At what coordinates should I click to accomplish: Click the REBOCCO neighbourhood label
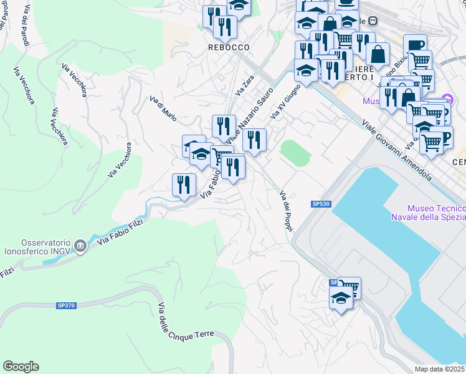click(x=229, y=47)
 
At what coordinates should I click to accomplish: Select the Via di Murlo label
click(x=163, y=107)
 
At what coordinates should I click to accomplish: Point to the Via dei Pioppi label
click(x=286, y=211)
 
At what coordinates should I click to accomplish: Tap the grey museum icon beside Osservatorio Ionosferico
click(x=80, y=246)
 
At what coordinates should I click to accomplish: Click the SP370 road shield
click(x=65, y=305)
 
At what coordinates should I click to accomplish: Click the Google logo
click(x=21, y=367)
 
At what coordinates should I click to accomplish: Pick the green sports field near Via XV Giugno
click(x=295, y=153)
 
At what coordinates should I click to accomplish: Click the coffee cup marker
click(x=415, y=46)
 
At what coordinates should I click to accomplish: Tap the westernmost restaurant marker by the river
click(x=184, y=185)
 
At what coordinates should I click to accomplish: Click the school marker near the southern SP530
click(x=341, y=299)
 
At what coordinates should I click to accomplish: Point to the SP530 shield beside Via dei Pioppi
click(x=320, y=204)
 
